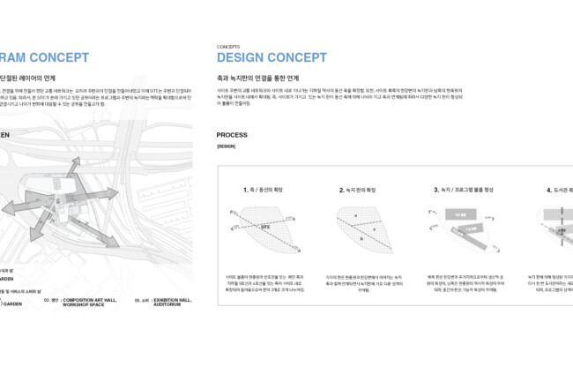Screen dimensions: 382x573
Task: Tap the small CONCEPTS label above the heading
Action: [227, 46]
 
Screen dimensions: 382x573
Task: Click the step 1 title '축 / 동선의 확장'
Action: [264, 190]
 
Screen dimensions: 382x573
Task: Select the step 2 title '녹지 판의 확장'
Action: [360, 190]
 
